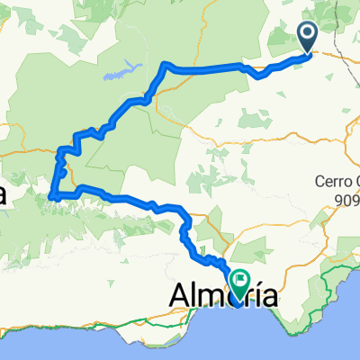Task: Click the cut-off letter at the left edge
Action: (4, 193)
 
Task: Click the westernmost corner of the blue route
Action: (51, 194)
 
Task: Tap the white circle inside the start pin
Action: (308, 33)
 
